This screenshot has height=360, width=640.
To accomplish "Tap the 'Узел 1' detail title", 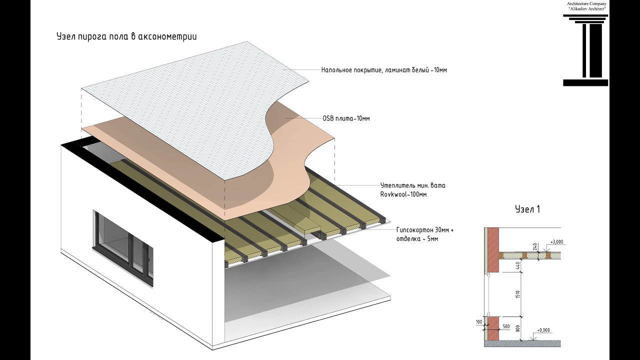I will point(527,209).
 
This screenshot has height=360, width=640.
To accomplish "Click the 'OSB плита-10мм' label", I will point(346,118).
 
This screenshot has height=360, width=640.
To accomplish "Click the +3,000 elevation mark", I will point(556,242).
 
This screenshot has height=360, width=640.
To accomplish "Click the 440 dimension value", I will point(518,267).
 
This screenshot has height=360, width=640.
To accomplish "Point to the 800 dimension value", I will point(518,329).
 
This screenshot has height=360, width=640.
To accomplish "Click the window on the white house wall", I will point(123,248).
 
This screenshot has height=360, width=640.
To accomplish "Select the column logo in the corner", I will point(585,50).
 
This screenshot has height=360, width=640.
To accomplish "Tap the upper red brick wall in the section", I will point(493,249).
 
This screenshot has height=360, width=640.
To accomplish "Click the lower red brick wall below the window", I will point(493,329).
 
